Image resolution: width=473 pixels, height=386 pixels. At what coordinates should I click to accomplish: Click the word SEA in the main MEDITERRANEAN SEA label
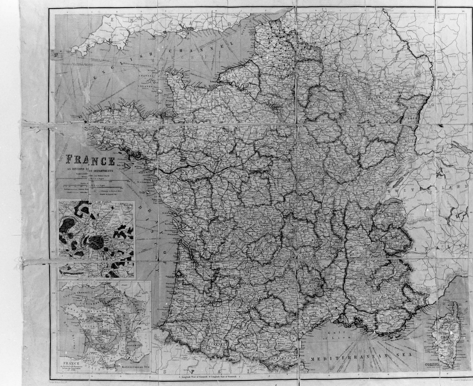pos(404,356)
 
